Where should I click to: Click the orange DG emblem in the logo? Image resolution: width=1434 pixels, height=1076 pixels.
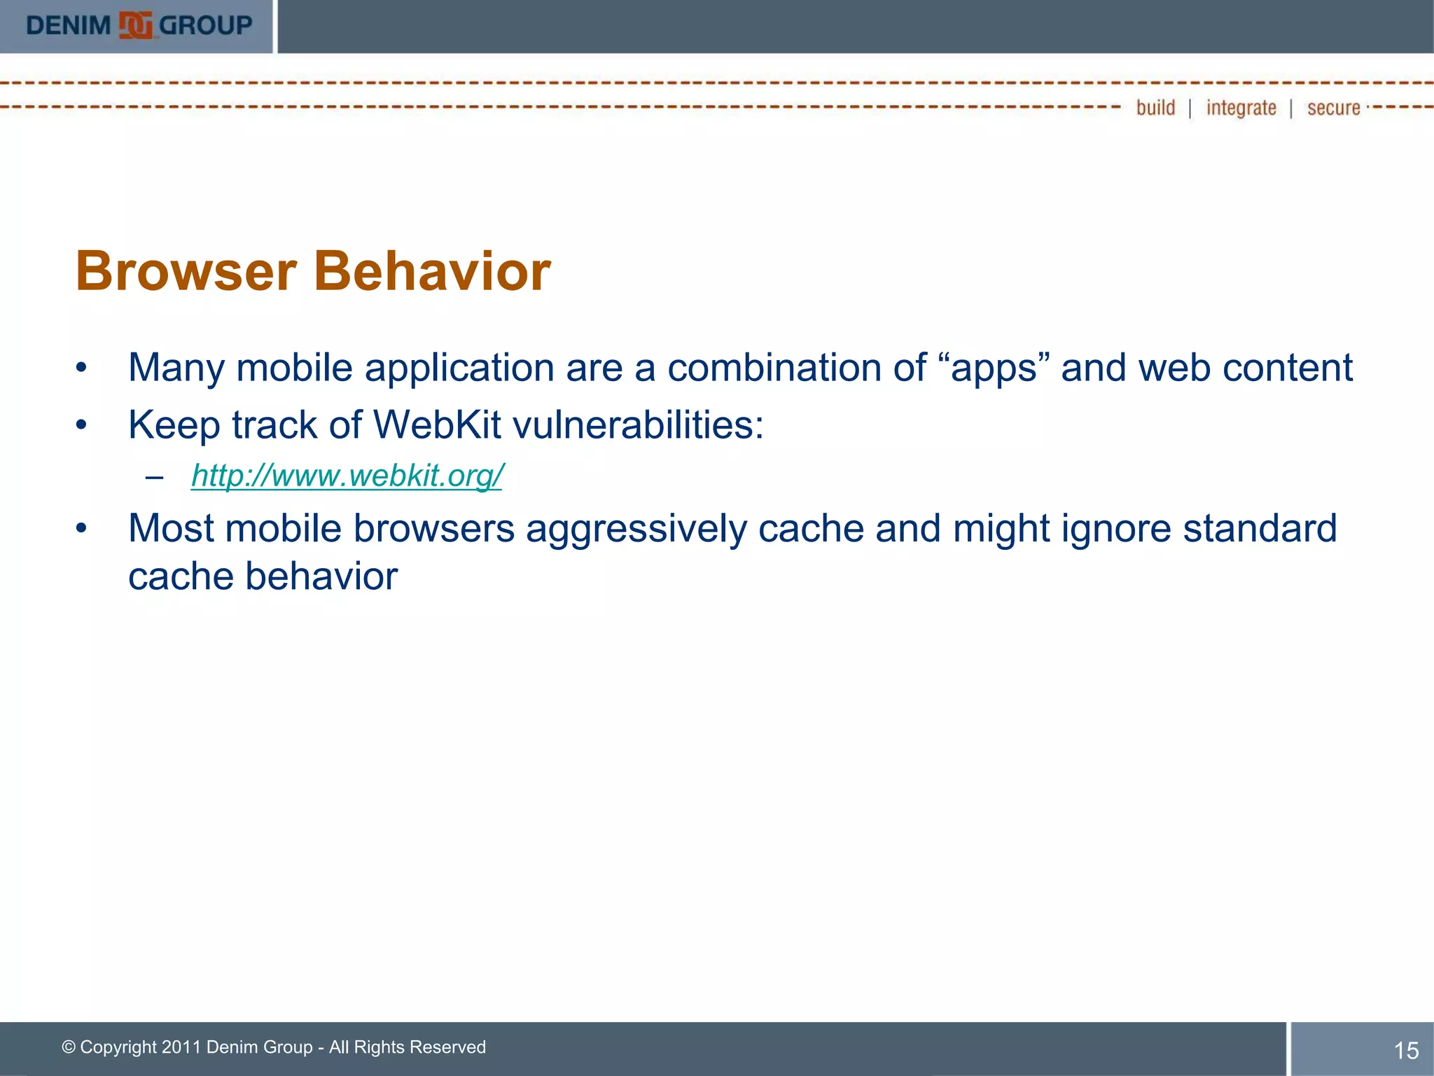pos(135,26)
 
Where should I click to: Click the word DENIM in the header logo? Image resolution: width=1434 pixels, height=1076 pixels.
pos(69,26)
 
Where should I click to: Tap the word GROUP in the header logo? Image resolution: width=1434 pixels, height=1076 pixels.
pos(205,26)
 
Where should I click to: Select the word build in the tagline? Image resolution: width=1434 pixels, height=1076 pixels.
pos(1155,108)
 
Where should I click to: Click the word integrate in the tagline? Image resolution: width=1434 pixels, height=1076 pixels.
pos(1241,108)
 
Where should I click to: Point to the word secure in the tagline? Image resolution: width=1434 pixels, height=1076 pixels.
pos(1333,108)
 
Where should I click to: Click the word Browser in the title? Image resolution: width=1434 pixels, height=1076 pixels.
pos(186,271)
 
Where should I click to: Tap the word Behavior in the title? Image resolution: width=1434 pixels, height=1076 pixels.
pos(432,271)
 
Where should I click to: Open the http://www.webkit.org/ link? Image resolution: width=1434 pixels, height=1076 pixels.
pos(347,476)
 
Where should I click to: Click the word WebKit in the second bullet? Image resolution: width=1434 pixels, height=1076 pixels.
pos(437,425)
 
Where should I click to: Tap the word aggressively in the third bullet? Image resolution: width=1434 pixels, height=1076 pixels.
pos(636,529)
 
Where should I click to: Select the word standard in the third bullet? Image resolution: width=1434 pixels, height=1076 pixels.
pos(1260,529)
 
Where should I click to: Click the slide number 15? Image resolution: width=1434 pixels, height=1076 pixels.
pos(1406,1050)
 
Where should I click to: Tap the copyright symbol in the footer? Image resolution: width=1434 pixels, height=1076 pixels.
pos(69,1047)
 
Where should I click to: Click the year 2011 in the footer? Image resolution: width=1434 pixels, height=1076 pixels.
pos(181,1047)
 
